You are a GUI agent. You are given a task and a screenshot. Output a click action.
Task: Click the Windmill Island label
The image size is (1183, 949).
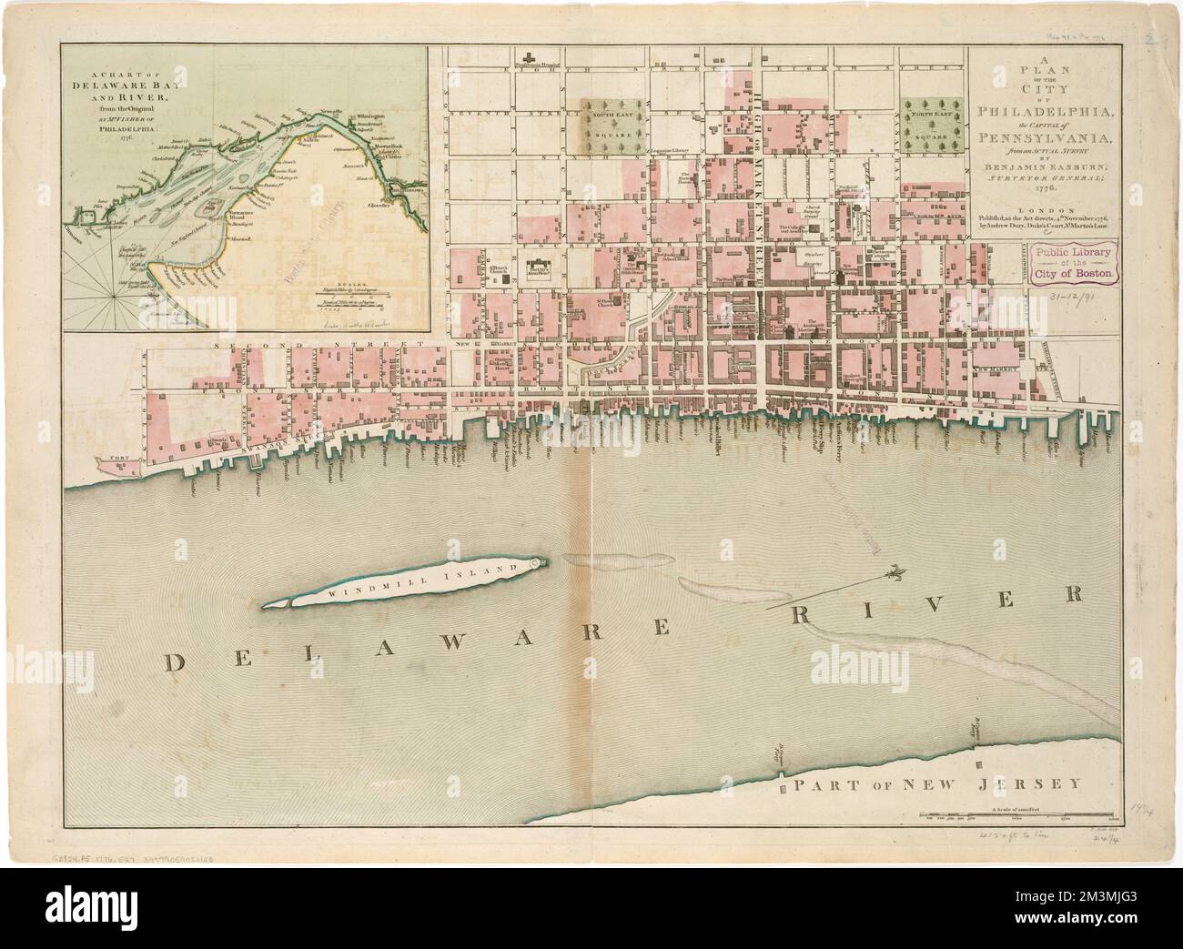pyautogui.click(x=420, y=580)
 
